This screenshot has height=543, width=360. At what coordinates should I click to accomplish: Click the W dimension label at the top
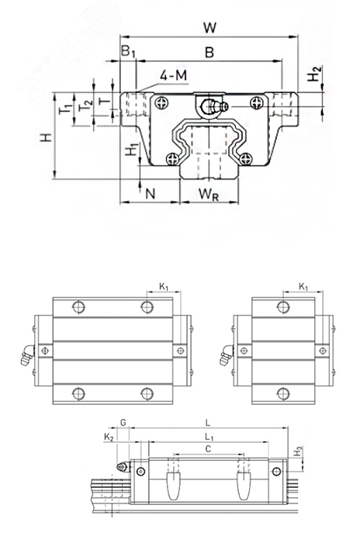209,27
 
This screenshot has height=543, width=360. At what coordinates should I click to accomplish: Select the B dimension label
209,52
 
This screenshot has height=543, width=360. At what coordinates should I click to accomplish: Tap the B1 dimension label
128,51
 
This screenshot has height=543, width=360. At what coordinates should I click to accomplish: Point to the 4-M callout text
173,74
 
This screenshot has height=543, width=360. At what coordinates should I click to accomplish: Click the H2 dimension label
314,74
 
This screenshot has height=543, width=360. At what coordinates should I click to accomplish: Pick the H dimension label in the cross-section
46,137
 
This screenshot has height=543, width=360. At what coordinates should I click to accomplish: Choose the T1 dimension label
65,109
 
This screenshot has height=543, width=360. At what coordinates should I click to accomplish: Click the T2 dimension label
85,105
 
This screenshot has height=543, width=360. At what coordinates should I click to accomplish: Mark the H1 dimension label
132,149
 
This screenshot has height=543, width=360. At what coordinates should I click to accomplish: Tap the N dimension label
150,194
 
